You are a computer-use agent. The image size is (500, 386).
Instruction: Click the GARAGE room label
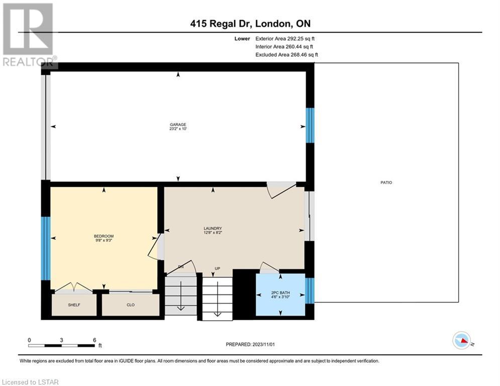coord(178,125)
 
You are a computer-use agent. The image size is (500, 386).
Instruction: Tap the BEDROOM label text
coord(104,236)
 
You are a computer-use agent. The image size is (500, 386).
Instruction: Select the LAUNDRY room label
coord(213,228)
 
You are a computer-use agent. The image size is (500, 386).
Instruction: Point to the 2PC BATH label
coord(280,293)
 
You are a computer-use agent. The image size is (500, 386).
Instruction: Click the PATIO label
coord(386,182)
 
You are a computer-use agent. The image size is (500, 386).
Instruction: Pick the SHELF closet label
coord(74,305)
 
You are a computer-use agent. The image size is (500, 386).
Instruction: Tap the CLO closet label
coord(131,305)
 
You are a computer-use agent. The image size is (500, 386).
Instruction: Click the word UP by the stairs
coord(218,268)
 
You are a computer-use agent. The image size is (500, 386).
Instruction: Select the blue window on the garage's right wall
coord(310,125)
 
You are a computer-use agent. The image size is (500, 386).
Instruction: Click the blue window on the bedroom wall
coord(46,248)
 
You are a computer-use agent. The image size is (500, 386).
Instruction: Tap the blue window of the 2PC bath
coord(310,291)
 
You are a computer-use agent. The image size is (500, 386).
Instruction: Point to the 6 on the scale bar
coord(94,340)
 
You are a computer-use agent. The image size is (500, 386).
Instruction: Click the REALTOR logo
coord(29,35)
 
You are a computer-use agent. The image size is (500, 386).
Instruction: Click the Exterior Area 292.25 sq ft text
coord(285,39)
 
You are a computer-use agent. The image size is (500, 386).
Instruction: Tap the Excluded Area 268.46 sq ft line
coord(286,55)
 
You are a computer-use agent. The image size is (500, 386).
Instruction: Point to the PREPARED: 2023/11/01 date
coord(250,344)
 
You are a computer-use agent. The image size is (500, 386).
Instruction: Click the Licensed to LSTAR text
coord(30,382)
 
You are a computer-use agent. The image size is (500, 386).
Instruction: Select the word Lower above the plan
coord(242,39)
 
